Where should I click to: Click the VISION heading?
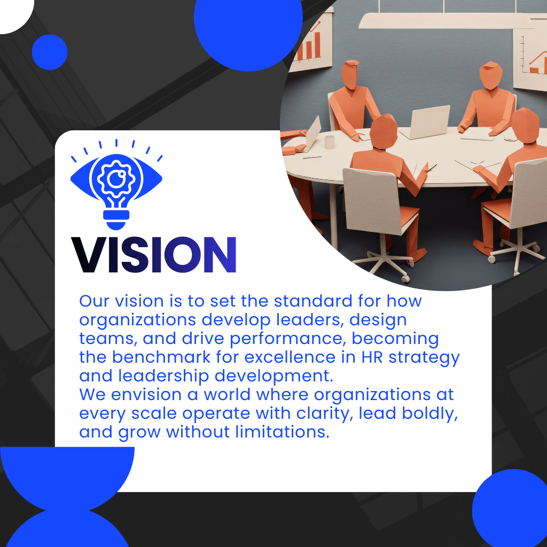(x=154, y=255)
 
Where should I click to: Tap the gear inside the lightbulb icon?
(x=116, y=178)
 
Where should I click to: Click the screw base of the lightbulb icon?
(x=116, y=220)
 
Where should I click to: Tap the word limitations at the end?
(x=282, y=432)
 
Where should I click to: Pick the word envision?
(x=146, y=395)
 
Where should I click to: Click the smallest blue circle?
(x=50, y=52)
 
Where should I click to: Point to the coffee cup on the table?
(x=329, y=142)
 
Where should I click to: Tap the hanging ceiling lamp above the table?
(x=446, y=21)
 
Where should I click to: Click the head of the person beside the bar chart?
(x=350, y=74)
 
